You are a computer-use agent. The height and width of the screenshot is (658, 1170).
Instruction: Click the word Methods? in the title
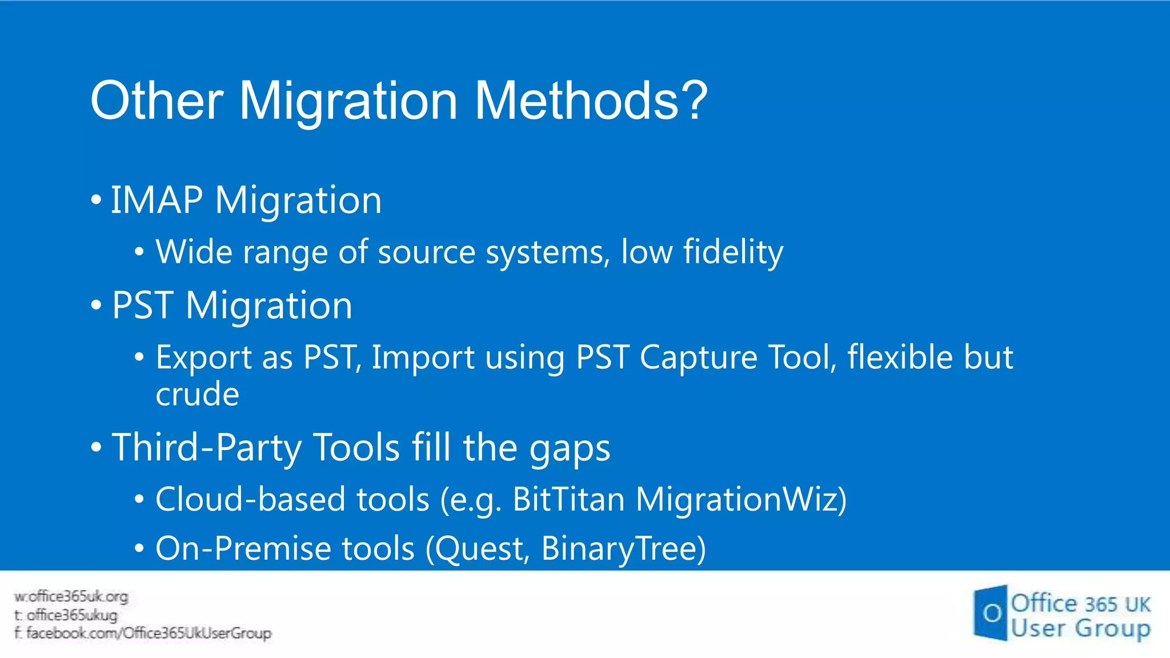tap(591, 101)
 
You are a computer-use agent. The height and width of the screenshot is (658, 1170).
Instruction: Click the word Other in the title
tap(157, 101)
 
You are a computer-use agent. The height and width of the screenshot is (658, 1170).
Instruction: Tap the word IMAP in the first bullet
tap(157, 200)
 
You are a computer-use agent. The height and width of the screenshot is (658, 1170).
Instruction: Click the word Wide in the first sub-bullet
tap(194, 252)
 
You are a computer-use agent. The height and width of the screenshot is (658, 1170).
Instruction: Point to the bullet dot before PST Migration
tap(96, 305)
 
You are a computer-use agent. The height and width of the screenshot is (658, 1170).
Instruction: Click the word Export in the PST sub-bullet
tap(203, 358)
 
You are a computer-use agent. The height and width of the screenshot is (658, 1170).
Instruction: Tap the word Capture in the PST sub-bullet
tap(698, 358)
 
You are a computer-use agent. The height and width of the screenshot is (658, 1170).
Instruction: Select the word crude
tap(197, 394)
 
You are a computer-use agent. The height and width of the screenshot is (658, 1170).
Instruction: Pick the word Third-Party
tap(207, 447)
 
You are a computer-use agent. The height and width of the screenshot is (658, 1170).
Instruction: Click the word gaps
tap(570, 447)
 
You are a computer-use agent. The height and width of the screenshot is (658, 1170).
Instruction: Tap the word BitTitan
tap(568, 499)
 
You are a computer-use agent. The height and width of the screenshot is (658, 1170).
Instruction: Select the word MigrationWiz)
tap(741, 499)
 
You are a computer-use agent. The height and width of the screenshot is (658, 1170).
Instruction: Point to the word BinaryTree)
tap(623, 548)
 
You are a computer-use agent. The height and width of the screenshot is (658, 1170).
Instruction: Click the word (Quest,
tap(478, 548)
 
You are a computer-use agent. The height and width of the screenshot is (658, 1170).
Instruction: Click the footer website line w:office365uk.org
tap(71, 597)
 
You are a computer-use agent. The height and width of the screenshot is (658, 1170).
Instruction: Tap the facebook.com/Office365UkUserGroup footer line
tap(143, 633)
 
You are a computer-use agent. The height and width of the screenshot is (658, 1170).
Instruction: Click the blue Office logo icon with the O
tap(991, 613)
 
